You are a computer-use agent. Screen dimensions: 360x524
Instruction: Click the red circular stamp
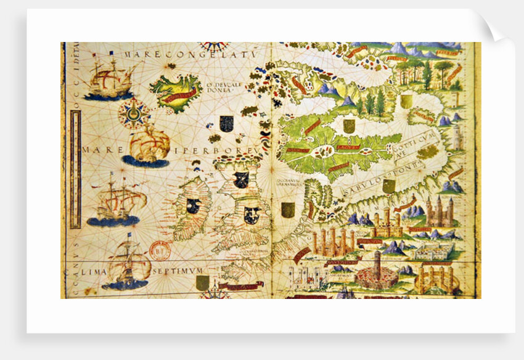pos(160,251)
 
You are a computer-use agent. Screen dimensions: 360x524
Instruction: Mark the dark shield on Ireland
pos(193,206)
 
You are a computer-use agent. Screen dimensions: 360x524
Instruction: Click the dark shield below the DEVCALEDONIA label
pos(227,123)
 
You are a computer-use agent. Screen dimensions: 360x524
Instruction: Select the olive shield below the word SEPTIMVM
pos(202,283)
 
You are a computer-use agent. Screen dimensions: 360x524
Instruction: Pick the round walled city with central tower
pos(377,271)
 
